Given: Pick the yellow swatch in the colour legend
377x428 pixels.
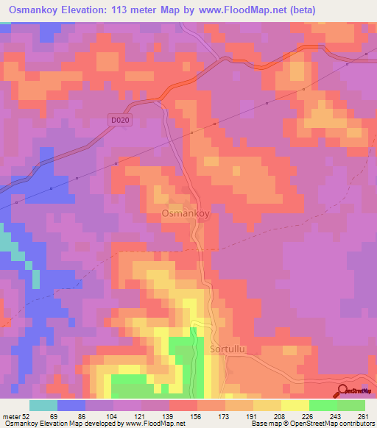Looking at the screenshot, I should pyautogui.click(x=295, y=405).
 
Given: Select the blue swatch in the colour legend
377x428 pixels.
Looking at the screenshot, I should pyautogui.click(x=71, y=405).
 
